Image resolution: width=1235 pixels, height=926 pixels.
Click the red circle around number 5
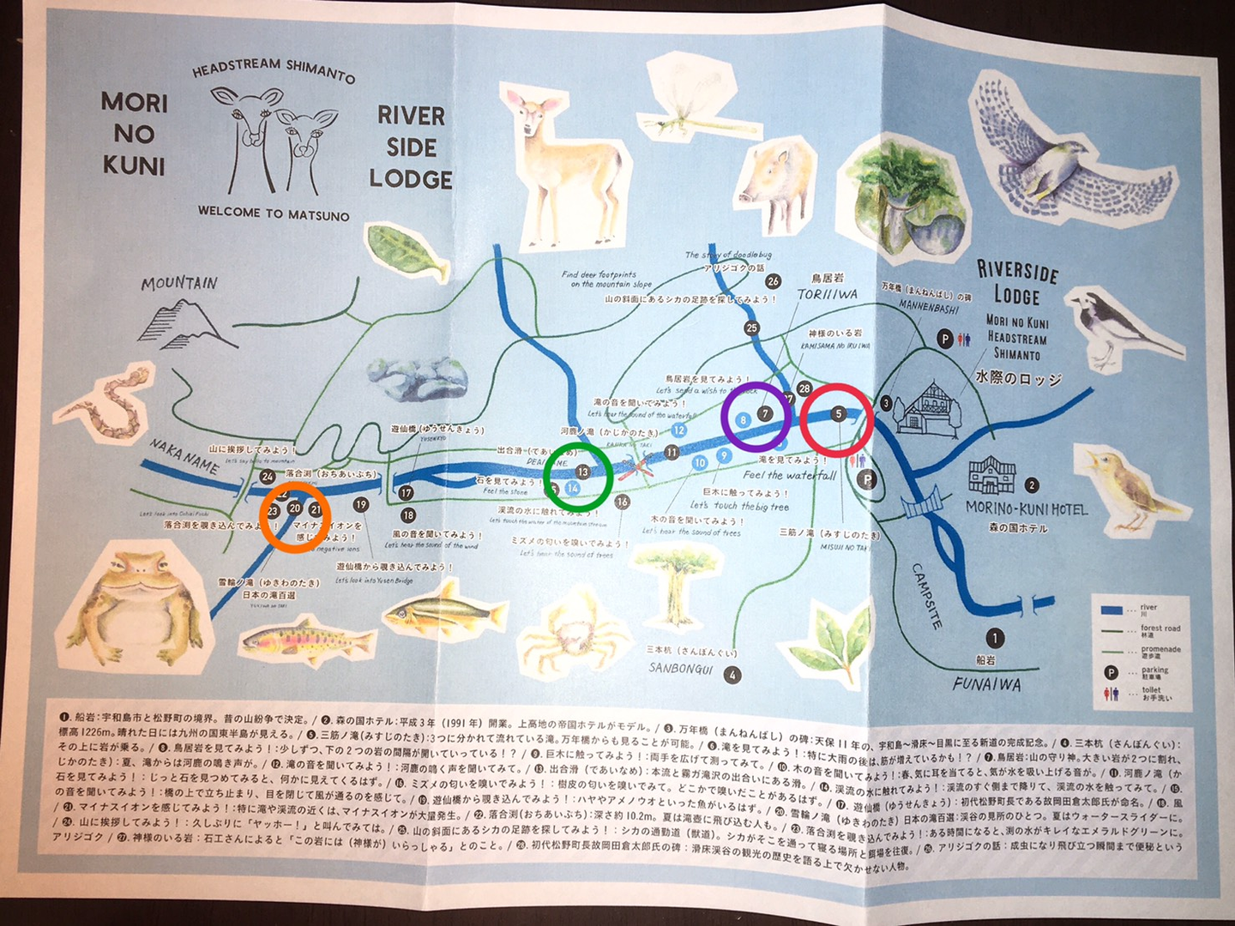point(837,418)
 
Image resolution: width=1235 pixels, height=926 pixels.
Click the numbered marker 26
point(773,281)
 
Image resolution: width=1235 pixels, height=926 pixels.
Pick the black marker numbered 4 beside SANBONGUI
point(732,675)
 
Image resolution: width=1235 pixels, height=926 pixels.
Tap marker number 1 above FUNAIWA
point(994,638)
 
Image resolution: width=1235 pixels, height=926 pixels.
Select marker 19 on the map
point(360,505)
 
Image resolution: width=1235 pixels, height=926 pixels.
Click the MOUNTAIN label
point(179,283)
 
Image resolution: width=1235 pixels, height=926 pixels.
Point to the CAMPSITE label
point(927,596)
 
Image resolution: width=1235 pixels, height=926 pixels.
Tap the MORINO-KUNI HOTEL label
point(1026,508)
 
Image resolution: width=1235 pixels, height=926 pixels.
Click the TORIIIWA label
point(827,294)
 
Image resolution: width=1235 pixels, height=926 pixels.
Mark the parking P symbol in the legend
point(1111,673)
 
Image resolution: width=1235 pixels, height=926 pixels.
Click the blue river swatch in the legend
point(1111,610)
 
